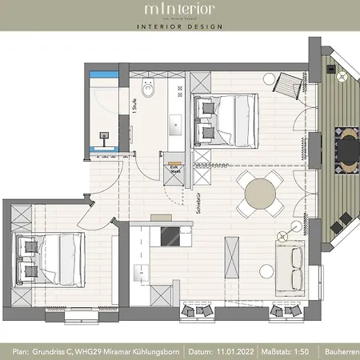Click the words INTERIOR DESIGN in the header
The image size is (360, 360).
click(179, 32)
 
